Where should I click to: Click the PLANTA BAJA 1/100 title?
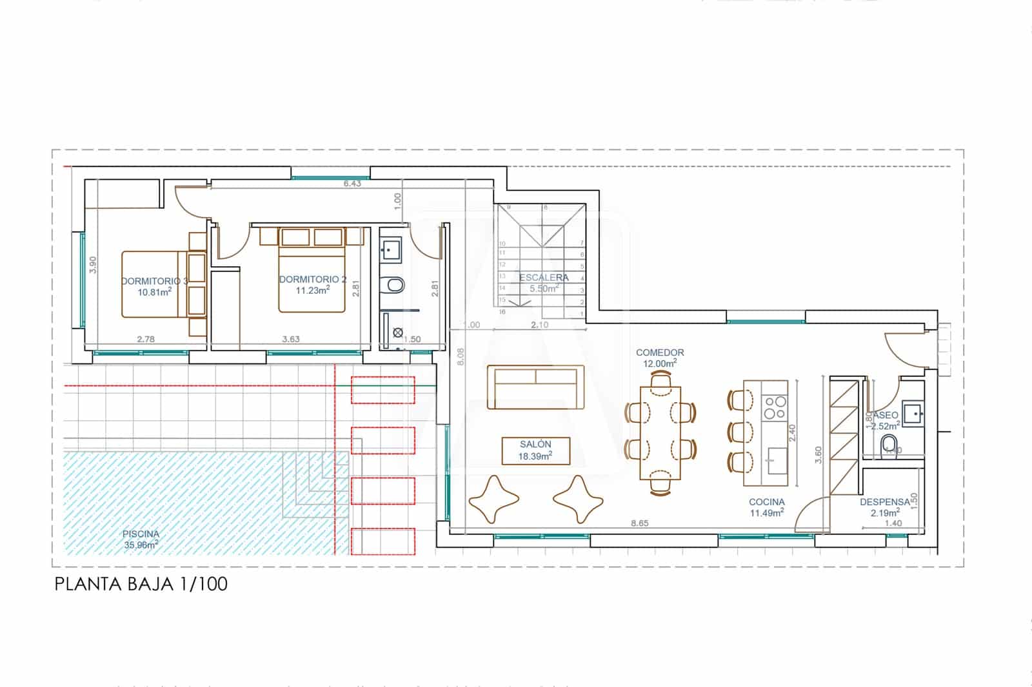point(141,585)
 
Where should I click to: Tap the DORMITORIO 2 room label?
point(313,280)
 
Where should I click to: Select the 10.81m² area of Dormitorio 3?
point(154,292)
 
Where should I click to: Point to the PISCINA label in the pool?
point(141,534)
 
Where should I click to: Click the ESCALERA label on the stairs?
point(544,278)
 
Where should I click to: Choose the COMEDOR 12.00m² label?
point(660,358)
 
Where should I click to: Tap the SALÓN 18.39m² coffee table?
point(536,450)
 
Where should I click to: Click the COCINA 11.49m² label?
point(767,507)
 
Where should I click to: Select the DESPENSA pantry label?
point(884,502)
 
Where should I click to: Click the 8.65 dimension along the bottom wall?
point(640,523)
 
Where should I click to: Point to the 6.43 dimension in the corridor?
point(352,184)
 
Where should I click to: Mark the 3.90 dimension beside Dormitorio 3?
point(93,266)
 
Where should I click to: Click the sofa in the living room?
point(535,387)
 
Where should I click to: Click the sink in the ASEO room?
point(913,413)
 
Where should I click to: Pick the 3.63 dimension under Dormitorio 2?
point(291,339)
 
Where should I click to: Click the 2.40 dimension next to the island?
point(793,432)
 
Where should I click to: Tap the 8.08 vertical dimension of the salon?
point(460,356)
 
